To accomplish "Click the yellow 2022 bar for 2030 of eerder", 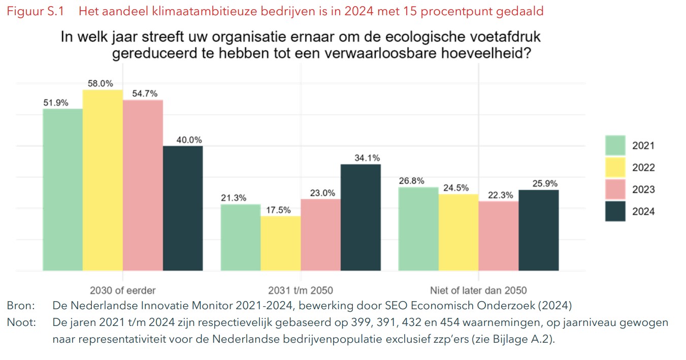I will [103, 180].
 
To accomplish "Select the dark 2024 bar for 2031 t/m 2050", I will [361, 217].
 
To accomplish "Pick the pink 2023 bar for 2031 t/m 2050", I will [320, 235].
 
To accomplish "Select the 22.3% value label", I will [498, 195].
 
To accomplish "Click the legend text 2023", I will [643, 190].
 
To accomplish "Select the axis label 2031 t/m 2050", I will [301, 291].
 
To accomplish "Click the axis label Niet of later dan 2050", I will [478, 291].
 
